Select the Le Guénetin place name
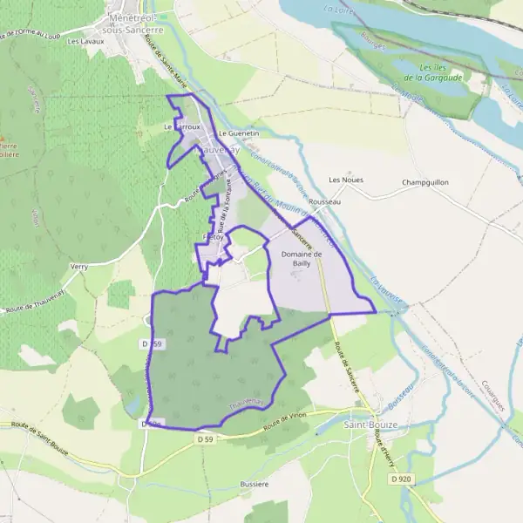pos(240,133)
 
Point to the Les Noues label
pos(345,180)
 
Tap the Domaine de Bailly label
pos(302,259)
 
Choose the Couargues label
pos(494,393)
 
